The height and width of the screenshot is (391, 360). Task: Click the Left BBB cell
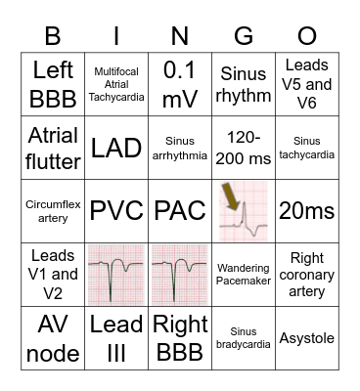pos(53,84)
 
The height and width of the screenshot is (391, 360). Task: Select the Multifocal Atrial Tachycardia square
pos(116,84)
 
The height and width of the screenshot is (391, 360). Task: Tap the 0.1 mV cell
pos(180,84)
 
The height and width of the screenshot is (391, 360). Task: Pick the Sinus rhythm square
pos(244,84)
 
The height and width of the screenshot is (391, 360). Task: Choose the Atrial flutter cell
pos(53,147)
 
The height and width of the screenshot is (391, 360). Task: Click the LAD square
pos(116,147)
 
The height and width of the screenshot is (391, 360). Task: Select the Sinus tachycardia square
pos(306,147)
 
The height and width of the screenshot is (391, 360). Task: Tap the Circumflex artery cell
pos(53,210)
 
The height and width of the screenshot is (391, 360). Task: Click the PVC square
pos(116,210)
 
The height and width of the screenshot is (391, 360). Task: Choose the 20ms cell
pos(306,210)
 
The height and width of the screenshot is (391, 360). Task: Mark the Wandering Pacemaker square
pos(244,274)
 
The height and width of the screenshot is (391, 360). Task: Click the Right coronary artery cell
pos(306,274)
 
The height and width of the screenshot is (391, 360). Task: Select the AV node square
pos(53,337)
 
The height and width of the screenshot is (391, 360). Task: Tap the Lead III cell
pos(116,337)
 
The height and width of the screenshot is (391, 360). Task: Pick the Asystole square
pos(306,337)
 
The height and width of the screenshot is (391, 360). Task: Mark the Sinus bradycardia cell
pos(244,337)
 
